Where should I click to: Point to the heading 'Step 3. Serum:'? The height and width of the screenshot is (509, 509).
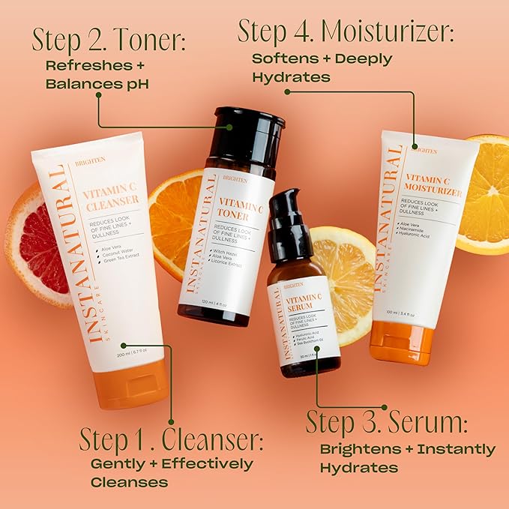coord(387,422)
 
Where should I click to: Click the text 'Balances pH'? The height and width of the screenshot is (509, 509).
coord(97,83)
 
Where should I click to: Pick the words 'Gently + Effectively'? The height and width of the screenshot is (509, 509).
coord(172,464)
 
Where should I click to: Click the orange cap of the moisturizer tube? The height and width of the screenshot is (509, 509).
coord(402,342)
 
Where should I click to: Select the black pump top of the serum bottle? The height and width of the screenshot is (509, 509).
coord(287,225)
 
